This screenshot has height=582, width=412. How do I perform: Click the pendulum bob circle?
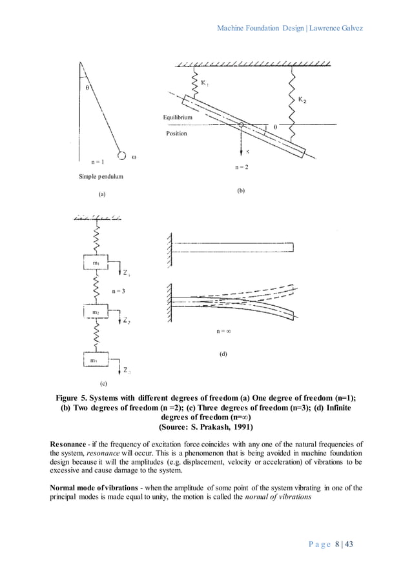click(121, 156)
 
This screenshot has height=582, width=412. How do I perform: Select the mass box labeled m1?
click(96, 263)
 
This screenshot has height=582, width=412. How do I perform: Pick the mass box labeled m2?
click(96, 312)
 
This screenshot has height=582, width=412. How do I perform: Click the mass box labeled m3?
click(96, 360)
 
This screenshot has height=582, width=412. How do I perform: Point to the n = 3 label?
click(118, 291)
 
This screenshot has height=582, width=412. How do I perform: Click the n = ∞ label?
click(223, 332)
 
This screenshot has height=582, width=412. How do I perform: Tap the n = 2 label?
click(241, 167)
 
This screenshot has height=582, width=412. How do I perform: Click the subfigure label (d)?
click(223, 354)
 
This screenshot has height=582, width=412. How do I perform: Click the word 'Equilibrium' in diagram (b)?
click(177, 117)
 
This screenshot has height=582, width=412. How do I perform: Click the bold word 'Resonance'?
click(70, 444)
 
